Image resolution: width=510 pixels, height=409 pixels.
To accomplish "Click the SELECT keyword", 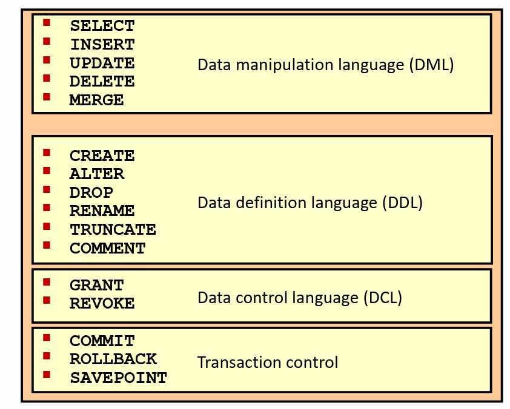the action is (x=102, y=26).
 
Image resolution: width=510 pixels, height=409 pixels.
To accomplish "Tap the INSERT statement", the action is (x=102, y=45).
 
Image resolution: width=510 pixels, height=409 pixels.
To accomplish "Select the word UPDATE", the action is (x=102, y=63).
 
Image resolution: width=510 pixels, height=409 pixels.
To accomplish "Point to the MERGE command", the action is (x=96, y=100).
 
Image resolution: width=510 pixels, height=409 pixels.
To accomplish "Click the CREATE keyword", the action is (x=102, y=156).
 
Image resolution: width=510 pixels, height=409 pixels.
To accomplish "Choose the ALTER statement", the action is (x=96, y=174).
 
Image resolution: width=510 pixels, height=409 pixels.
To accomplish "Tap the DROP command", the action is (x=91, y=193).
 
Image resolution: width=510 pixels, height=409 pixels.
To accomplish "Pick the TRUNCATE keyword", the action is (x=113, y=230).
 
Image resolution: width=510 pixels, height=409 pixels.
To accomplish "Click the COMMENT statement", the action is (x=107, y=249).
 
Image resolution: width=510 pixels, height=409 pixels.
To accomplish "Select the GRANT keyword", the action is (x=96, y=286).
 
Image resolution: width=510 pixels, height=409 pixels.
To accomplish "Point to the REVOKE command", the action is (x=102, y=304).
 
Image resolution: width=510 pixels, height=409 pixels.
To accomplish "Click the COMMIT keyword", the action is (x=102, y=341).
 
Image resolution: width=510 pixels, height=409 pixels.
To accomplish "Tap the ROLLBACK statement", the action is (x=113, y=359).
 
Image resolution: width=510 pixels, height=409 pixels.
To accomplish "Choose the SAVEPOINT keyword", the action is (x=118, y=378).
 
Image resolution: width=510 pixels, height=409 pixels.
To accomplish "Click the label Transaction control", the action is (x=267, y=362).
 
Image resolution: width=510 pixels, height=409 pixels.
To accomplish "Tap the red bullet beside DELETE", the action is (x=47, y=79).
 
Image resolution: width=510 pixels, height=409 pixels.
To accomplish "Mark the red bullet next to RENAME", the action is (x=47, y=208).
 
